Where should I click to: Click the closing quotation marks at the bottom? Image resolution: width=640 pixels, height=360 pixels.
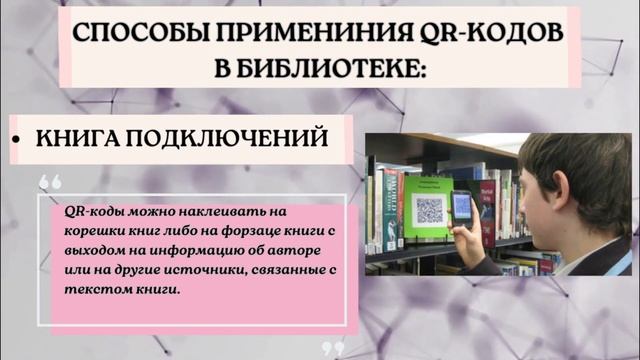coord(334,349)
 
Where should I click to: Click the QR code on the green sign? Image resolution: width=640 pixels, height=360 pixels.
coord(428,209)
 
